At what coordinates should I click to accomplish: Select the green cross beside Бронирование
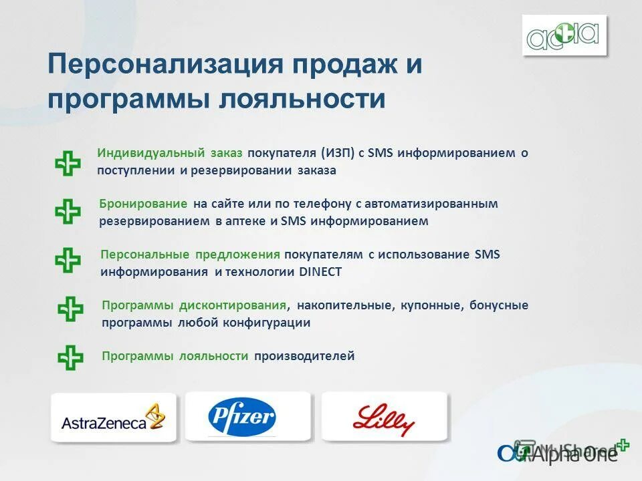pos(68,212)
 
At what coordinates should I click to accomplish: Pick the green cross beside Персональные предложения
pos(68,261)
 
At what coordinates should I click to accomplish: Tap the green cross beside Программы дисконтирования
pos(70,309)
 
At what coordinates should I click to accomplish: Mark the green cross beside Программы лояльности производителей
pos(70,357)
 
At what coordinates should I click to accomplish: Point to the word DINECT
pos(320,272)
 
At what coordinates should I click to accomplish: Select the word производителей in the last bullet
pos(304,356)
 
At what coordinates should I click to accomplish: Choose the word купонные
pos(432,305)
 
